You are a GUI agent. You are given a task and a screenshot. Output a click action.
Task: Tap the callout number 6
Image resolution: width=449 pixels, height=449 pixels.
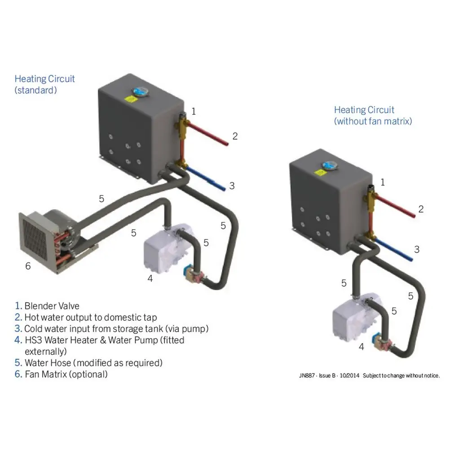tap(28, 266)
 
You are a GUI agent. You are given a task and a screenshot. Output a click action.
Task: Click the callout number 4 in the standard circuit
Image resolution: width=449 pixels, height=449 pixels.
tap(150, 278)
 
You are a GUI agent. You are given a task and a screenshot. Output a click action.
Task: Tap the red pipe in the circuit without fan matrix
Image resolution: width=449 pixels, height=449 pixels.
tap(395, 207)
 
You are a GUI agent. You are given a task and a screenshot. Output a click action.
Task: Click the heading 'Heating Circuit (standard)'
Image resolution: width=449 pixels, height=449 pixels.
tap(44, 84)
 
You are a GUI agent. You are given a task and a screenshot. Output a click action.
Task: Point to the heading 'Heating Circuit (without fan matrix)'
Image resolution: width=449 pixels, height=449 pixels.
tap(373, 115)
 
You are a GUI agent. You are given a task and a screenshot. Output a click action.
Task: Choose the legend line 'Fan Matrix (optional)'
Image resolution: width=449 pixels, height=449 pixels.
tap(61, 374)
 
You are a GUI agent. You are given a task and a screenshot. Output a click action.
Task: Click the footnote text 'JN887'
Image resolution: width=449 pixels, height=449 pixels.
tap(306, 375)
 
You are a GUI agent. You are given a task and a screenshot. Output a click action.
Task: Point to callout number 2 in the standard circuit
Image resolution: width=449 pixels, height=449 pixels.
tap(234, 136)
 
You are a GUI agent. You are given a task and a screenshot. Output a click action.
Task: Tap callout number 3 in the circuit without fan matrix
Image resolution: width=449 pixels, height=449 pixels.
tap(417, 250)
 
